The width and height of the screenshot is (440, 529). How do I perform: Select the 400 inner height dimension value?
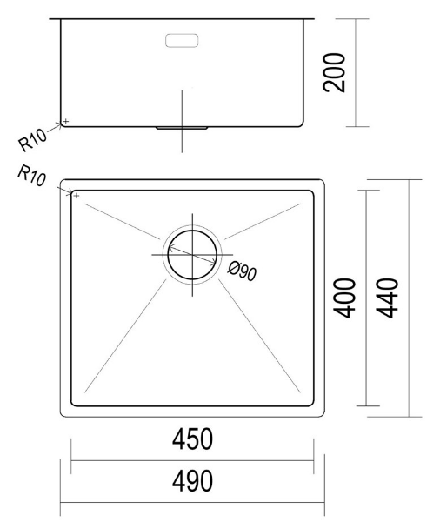click(345, 298)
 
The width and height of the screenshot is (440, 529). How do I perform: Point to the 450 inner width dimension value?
click(191, 440)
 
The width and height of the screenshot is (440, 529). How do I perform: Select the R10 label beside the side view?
click(32, 138)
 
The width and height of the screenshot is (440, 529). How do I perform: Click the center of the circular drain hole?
click(191, 254)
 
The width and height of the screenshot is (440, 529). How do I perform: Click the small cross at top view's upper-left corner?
click(77, 196)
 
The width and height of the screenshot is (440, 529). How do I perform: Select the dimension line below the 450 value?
click(191, 461)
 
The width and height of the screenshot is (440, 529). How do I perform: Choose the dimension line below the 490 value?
click(191, 502)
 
